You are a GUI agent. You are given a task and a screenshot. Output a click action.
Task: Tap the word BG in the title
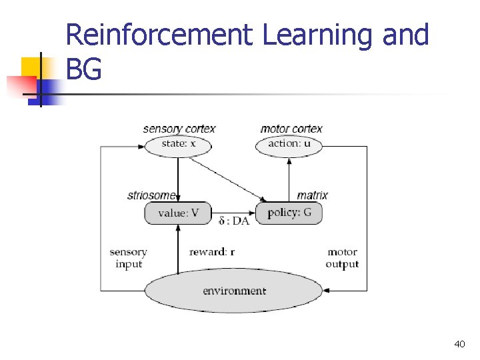coord(84,69)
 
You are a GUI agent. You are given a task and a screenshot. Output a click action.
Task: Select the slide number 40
coord(459,344)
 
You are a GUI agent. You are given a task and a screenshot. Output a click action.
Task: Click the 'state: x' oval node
coord(178,144)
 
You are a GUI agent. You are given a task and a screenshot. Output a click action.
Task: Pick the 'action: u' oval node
coord(289,144)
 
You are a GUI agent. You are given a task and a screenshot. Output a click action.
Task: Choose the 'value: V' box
coord(178,213)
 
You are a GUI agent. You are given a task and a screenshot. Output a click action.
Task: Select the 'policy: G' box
coord(289,213)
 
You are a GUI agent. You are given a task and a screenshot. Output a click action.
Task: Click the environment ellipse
coord(234,291)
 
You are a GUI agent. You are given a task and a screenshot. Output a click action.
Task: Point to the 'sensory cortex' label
coord(179,129)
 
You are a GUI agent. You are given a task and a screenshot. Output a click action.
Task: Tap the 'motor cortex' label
coord(291,129)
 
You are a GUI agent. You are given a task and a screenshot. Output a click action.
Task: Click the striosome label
coord(152,195)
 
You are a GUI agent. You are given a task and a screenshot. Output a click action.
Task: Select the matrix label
coord(312,195)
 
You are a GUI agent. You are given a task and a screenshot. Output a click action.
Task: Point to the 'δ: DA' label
coord(234,221)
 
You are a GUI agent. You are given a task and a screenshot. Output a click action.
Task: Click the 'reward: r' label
coord(212,252)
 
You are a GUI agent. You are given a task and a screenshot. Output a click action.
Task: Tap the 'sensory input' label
coord(129,258)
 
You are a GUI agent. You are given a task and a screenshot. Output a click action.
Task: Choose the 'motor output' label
coord(342,258)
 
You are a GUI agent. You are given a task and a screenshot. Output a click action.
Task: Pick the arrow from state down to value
coord(178,179)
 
